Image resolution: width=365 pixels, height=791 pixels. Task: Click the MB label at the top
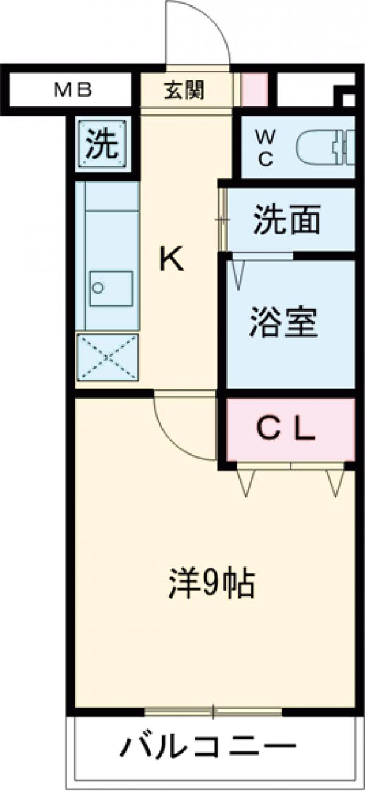click(73, 91)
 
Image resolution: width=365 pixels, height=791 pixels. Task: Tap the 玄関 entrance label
click(184, 91)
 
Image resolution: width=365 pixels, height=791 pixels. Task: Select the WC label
click(266, 147)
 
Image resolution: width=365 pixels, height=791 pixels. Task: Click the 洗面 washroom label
click(287, 220)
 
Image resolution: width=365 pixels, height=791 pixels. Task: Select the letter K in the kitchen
click(171, 261)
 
